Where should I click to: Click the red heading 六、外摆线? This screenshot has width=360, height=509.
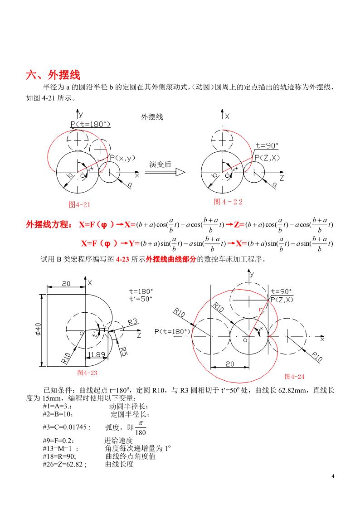click(x=54, y=75)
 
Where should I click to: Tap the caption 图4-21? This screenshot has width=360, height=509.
click(x=80, y=204)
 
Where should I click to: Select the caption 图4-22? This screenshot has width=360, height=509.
click(x=228, y=202)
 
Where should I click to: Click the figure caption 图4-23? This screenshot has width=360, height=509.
click(x=88, y=373)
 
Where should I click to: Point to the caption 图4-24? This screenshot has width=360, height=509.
click(x=294, y=377)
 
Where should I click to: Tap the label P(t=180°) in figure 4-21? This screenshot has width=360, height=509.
click(x=90, y=124)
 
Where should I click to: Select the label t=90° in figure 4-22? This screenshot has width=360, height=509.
click(x=267, y=146)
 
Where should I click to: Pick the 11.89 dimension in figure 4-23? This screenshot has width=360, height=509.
click(x=97, y=354)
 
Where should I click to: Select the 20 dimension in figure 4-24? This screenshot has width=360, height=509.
click(x=230, y=364)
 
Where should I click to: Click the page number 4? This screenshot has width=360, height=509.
click(x=333, y=476)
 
